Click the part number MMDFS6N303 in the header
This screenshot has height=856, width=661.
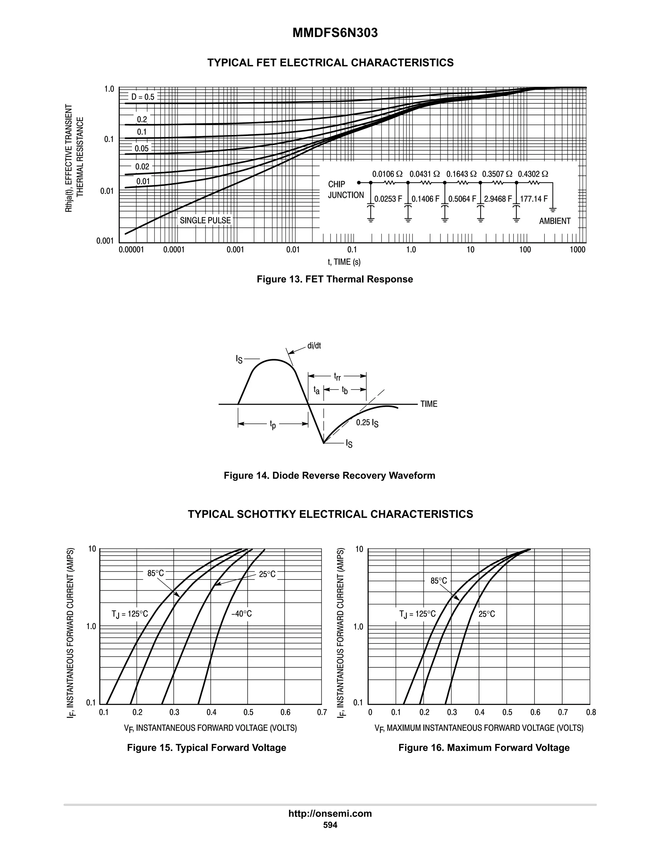[335, 33]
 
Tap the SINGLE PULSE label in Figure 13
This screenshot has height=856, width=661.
[205, 220]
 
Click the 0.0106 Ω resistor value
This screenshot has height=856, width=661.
[387, 174]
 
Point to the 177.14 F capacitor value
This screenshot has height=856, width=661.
[534, 199]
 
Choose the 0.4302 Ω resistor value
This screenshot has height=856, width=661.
[533, 174]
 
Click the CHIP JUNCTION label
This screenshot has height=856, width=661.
[345, 190]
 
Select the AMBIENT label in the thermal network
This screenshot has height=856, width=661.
[554, 221]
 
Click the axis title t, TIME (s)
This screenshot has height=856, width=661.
[344, 262]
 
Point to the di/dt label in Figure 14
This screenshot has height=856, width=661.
[314, 346]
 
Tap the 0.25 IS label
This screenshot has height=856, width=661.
[367, 423]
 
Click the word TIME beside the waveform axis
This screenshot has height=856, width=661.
[429, 404]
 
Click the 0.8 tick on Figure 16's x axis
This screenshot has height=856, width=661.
[591, 712]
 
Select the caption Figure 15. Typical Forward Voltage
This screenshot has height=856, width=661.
[206, 747]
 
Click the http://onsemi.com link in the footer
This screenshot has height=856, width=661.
[330, 813]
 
